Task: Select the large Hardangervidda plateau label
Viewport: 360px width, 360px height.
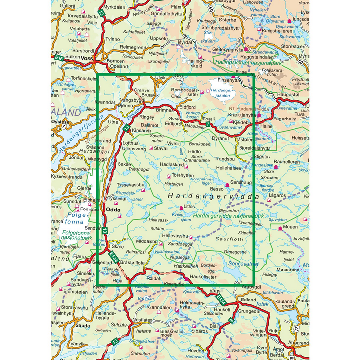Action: (x=213, y=196)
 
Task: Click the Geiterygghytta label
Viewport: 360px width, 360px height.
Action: (x=228, y=50)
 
